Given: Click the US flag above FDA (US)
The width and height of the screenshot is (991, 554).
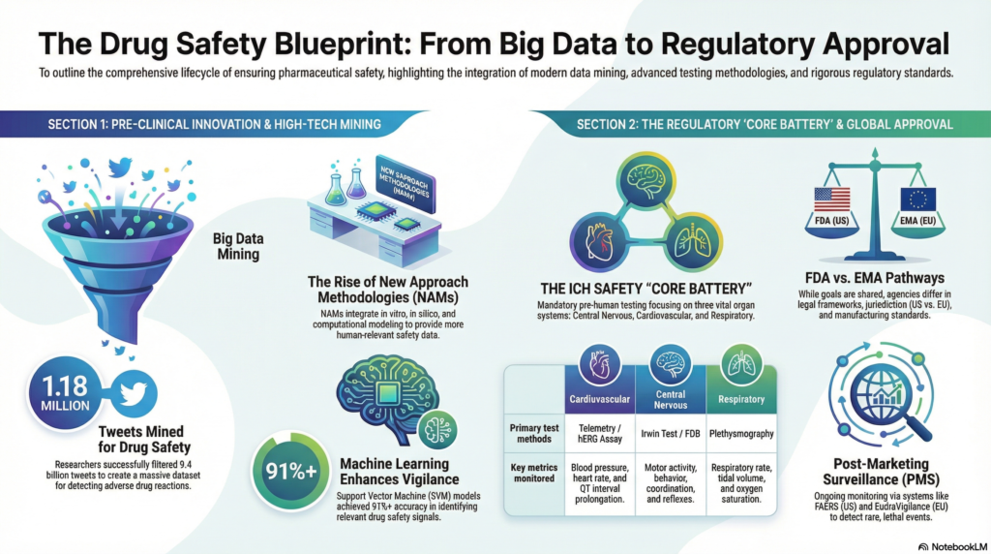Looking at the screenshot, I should pos(832,199).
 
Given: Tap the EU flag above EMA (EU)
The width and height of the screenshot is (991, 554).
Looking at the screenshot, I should pos(917,199).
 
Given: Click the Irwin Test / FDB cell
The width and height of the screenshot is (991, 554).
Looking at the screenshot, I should pos(669,435).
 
